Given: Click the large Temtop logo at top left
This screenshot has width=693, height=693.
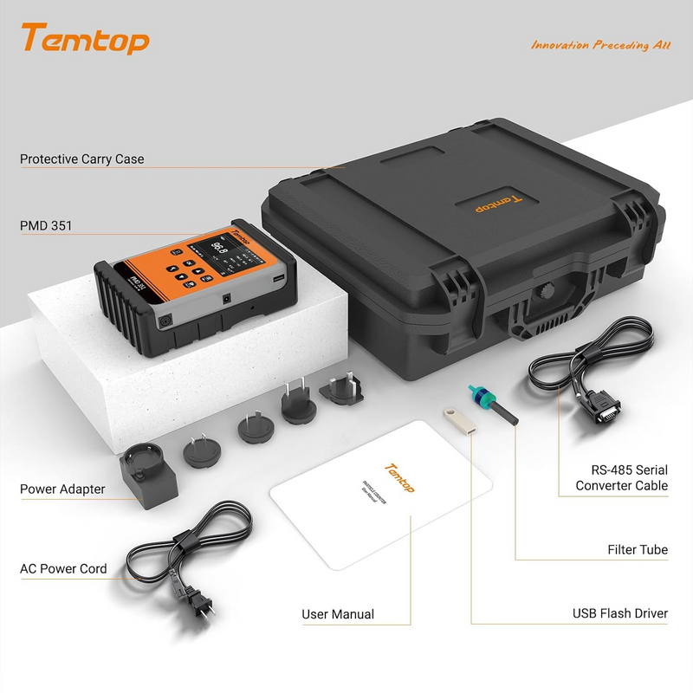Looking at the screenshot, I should point(85,39).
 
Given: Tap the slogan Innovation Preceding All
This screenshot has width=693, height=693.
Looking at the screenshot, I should point(600,45).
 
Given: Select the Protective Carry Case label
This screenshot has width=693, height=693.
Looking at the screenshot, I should point(82,159).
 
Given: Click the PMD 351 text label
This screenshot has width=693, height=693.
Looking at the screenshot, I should point(46,226).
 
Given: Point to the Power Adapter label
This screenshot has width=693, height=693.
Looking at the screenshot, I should point(62,489).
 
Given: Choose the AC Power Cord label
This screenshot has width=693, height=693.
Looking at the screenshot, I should point(63,569).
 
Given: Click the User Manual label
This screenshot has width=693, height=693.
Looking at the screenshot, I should point(338,614).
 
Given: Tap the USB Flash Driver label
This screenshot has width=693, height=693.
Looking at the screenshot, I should point(619,613).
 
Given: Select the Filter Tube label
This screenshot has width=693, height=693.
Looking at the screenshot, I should point(637,550).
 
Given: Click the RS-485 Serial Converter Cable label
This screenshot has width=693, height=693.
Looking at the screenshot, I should point(622,477).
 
